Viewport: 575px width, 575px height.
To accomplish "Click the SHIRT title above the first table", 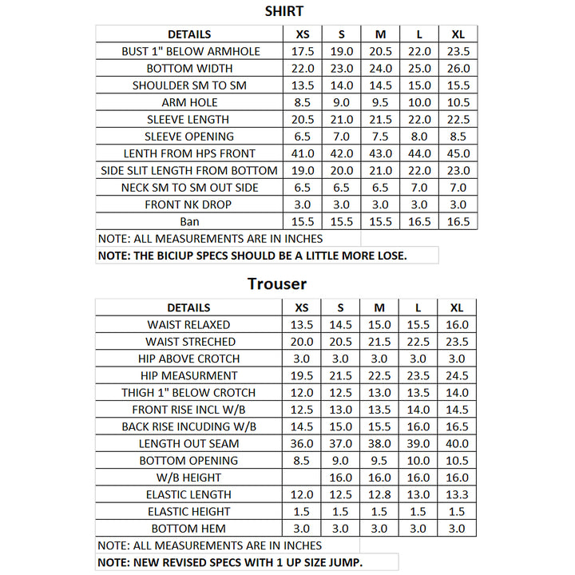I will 284,11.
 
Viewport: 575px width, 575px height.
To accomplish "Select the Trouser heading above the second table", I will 276,284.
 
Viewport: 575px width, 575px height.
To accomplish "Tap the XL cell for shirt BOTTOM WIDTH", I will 458,69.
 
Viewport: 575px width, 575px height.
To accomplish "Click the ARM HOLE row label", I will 189,102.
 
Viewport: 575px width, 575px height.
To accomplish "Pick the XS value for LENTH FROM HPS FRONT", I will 302,153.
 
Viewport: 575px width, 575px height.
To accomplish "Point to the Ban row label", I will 189,221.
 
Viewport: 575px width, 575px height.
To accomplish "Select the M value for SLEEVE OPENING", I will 380,137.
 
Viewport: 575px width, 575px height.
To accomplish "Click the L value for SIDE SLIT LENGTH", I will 419,170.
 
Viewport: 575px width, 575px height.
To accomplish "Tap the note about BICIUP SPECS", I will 252,256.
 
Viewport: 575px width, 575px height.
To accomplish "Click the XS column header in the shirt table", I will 302,34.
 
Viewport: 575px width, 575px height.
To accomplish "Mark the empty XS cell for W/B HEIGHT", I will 302,478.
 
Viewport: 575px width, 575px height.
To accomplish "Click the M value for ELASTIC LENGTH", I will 380,494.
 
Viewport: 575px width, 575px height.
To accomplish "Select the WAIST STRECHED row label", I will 189,342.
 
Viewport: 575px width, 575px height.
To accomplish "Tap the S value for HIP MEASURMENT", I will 341,375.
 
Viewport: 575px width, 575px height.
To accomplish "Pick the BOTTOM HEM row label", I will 189,529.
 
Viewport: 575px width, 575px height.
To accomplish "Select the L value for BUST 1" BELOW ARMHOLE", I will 419,51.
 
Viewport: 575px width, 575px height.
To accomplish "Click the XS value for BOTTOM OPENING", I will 302,461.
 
